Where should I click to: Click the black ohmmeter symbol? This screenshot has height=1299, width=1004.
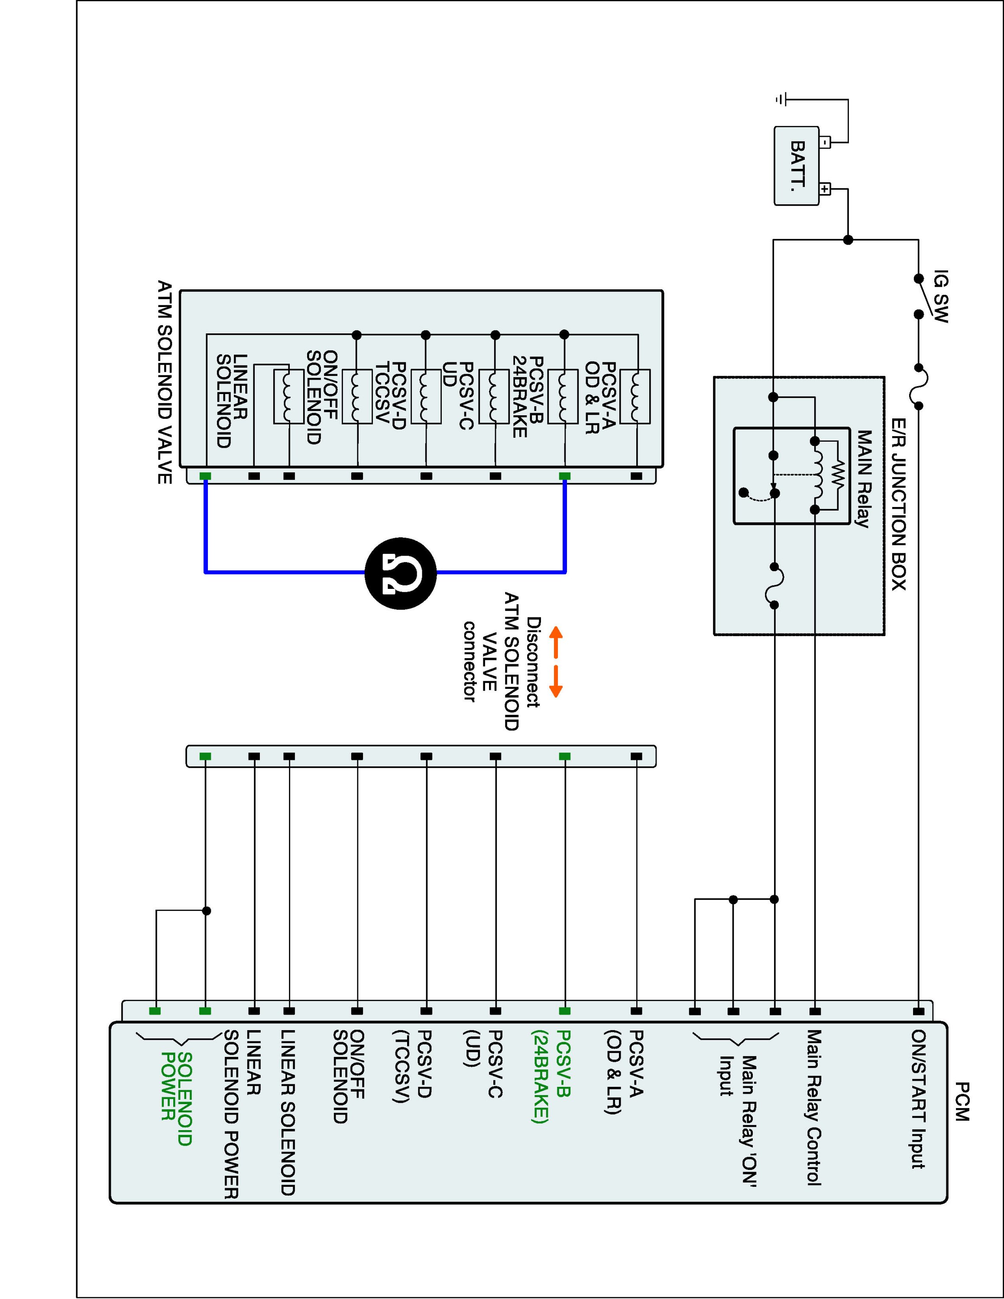click(401, 573)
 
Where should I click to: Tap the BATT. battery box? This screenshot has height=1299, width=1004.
click(797, 166)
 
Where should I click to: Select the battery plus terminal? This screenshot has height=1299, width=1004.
click(825, 189)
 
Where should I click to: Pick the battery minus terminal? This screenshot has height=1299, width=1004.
click(825, 142)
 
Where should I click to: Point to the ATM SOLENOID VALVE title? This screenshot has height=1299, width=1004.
click(164, 382)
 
